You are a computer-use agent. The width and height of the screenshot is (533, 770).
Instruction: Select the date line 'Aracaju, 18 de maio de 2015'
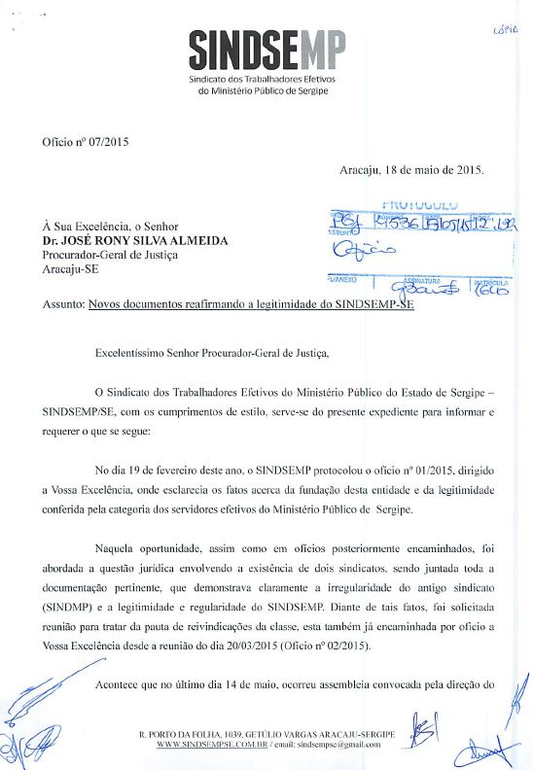[x=411, y=169]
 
